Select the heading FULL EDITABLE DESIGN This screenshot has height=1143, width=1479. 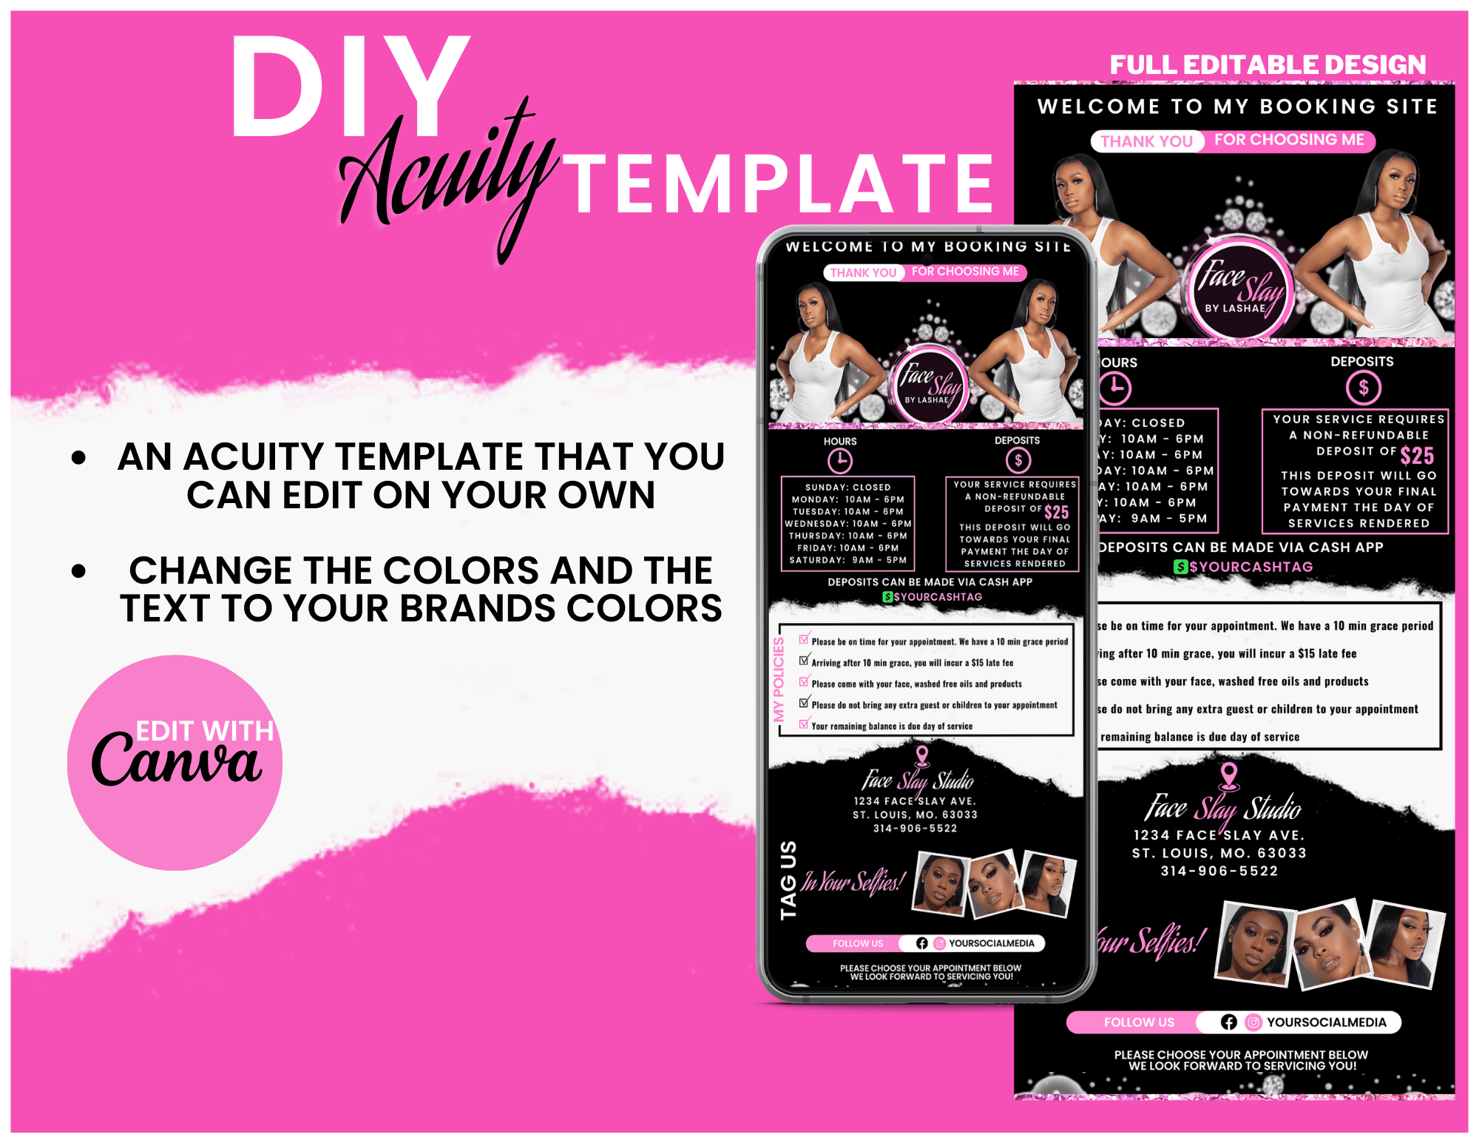tap(1268, 65)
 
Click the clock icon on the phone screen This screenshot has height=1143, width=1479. tap(839, 462)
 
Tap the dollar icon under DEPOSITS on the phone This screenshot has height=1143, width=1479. tap(1018, 461)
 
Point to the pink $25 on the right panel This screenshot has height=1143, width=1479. tap(1416, 455)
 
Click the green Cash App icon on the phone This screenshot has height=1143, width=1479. tap(887, 597)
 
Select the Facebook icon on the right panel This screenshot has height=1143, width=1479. tap(1228, 1022)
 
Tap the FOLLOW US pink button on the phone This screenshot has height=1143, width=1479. tap(857, 943)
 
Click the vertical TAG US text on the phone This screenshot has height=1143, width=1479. tap(788, 880)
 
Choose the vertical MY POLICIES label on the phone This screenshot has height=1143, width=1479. tap(778, 679)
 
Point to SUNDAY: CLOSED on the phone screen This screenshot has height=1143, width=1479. tap(847, 488)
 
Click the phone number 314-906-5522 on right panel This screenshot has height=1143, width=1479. tap(1219, 871)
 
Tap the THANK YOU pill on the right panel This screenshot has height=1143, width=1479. tap(1146, 141)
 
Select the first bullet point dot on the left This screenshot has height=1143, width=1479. tap(79, 458)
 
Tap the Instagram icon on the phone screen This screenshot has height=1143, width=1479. tap(939, 943)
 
